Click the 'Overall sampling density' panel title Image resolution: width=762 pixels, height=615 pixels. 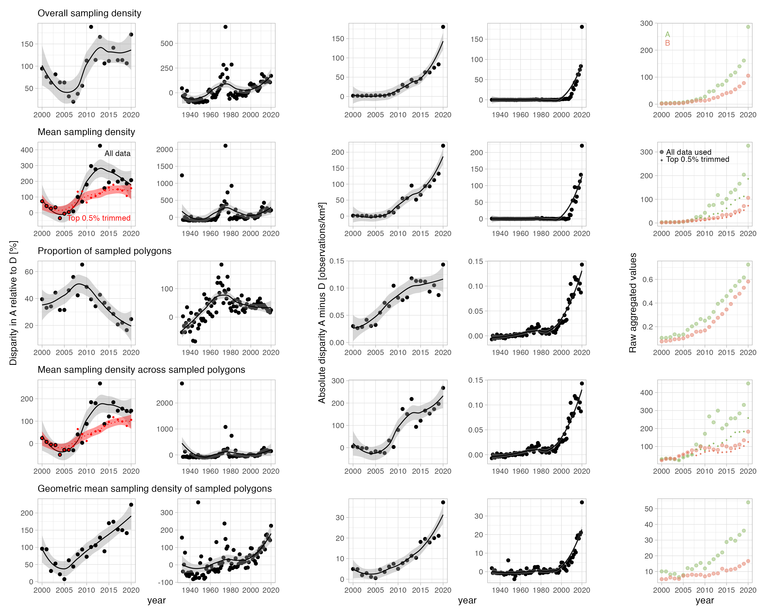[89, 13]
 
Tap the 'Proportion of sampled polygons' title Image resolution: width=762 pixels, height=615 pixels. [104, 251]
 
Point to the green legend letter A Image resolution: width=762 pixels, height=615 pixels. [667, 34]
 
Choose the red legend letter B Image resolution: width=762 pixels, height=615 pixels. [667, 43]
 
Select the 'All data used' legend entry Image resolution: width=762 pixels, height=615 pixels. [688, 152]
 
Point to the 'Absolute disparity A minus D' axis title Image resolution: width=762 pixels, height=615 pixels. [322, 303]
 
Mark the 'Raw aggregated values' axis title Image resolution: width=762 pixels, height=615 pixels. [633, 303]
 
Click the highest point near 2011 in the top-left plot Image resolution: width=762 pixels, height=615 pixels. [91, 27]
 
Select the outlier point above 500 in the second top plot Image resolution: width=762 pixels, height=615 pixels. [225, 27]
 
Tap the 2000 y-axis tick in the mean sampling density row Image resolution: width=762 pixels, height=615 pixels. [165, 150]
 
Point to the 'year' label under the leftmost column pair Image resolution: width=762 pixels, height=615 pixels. [157, 600]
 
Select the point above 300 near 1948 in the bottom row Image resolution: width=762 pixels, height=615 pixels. [198, 502]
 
